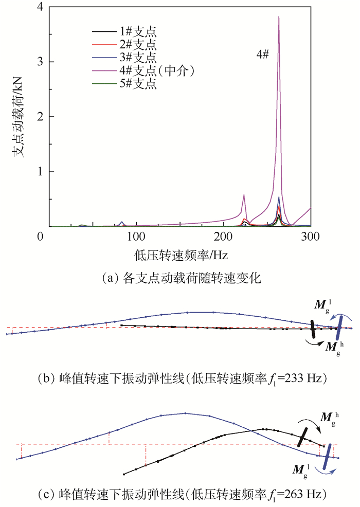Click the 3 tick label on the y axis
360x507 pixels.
[x=39, y=63]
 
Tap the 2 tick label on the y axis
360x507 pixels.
[x=39, y=117]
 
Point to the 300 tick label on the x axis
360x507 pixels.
[x=311, y=237]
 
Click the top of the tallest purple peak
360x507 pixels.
[x=279, y=17]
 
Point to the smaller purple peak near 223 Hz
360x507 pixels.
[x=243, y=195]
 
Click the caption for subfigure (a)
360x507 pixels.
[x=182, y=278]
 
